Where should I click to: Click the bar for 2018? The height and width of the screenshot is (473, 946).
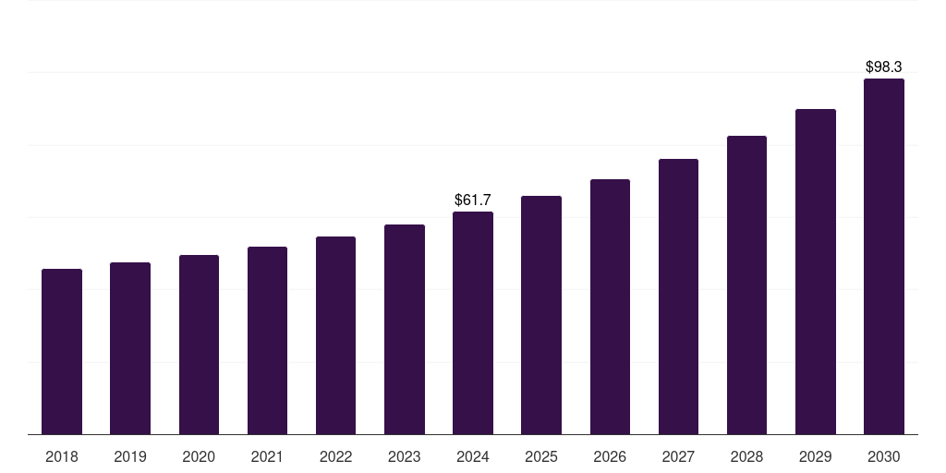[x=62, y=351]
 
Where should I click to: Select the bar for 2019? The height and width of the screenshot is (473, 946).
[x=130, y=348]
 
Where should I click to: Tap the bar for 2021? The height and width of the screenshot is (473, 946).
[x=267, y=340]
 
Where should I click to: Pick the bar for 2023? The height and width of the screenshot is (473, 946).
[x=405, y=329]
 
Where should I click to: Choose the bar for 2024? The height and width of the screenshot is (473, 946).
[x=473, y=322]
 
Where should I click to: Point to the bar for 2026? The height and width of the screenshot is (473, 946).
[x=610, y=307]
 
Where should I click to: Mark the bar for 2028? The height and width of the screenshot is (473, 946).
[x=746, y=285]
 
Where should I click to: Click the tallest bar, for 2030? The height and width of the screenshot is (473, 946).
[x=883, y=256]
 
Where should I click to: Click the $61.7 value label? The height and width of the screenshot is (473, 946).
[x=473, y=200]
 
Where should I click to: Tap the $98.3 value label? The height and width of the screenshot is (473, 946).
[x=883, y=67]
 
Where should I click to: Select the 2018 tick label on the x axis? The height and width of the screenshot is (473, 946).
[x=62, y=456]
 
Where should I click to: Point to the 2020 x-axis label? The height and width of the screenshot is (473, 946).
[x=199, y=456]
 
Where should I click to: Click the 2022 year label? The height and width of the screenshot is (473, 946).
[x=335, y=456]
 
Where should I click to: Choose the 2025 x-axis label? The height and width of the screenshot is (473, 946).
[x=541, y=456]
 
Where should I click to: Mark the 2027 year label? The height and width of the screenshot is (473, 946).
[x=678, y=456]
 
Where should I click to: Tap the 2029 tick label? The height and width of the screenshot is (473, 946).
[x=815, y=456]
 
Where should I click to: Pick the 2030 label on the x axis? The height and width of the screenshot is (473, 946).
[x=883, y=456]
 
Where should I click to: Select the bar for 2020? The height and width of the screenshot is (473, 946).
[x=199, y=345]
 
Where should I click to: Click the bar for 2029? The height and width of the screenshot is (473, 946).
[x=815, y=272]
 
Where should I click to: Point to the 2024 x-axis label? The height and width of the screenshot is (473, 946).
[x=473, y=456]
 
